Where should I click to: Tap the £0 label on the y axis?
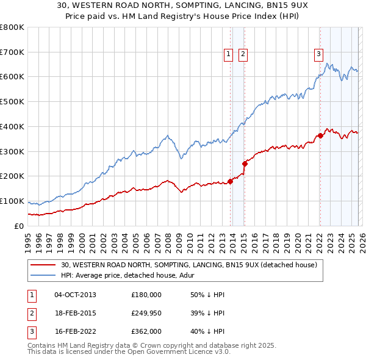(19, 226)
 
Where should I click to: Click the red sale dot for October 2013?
(230, 181)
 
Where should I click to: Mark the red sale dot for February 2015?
(245, 164)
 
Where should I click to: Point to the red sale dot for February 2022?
(320, 135)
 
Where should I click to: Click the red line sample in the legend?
(43, 265)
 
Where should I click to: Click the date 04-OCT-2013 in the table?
(75, 294)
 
